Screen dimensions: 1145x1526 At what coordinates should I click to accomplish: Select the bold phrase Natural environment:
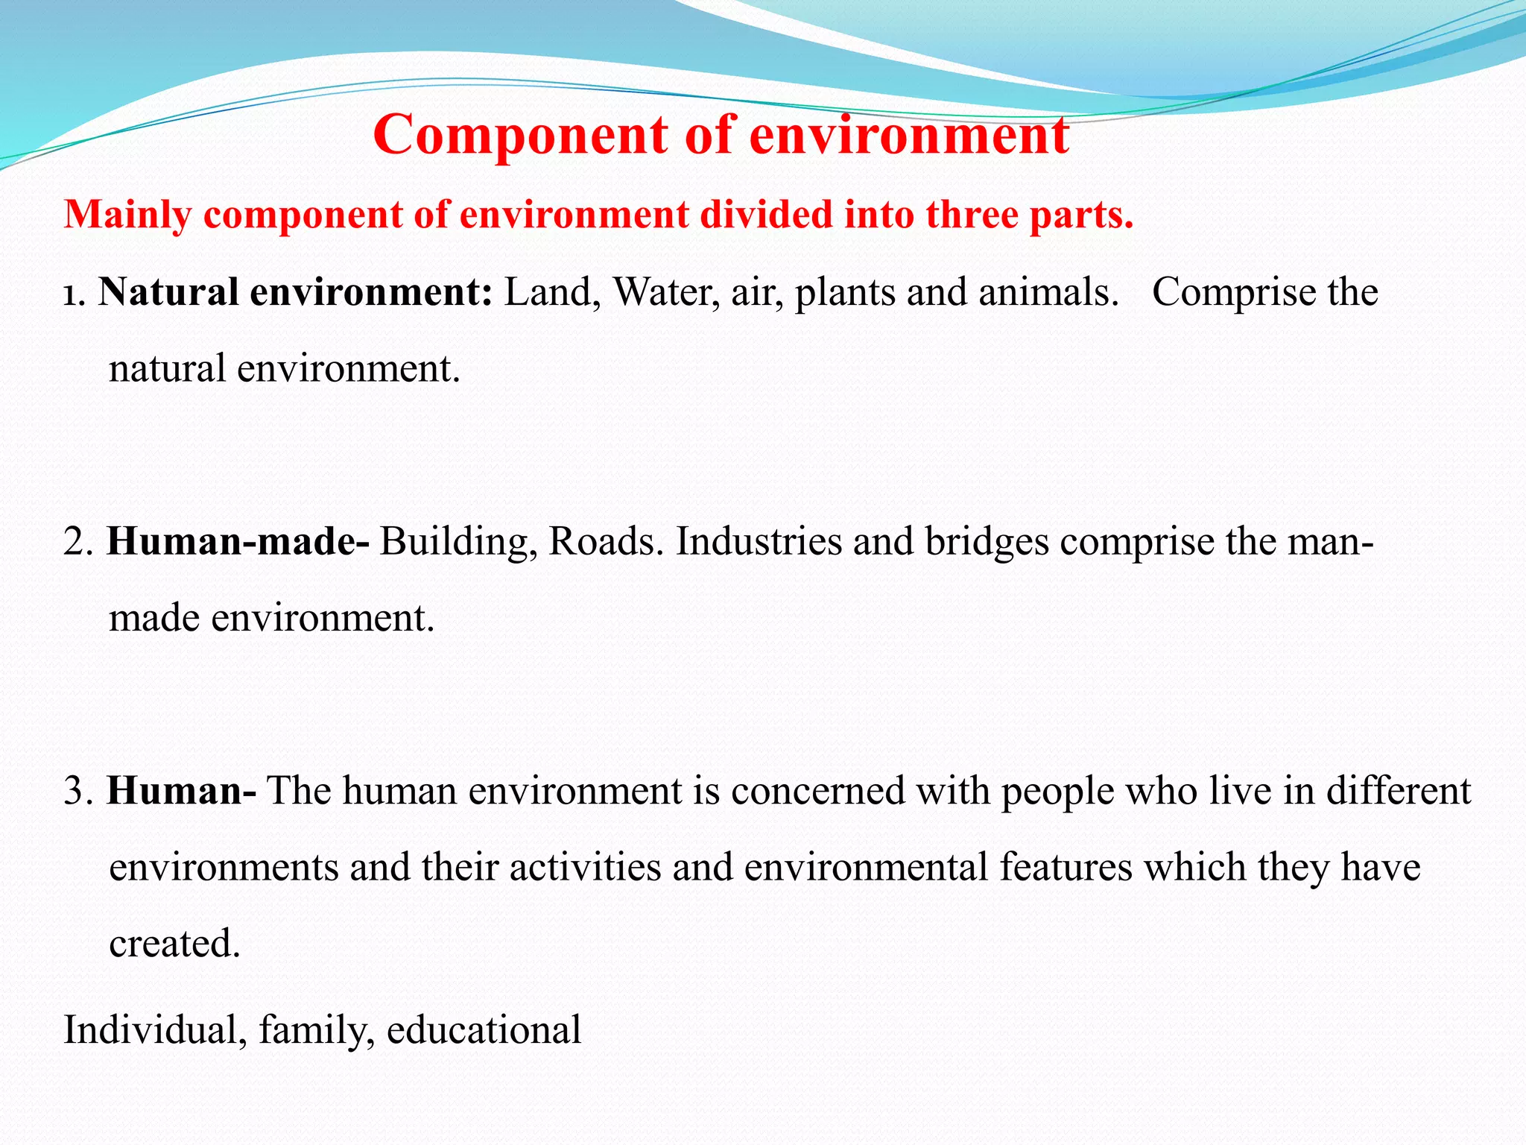coord(295,292)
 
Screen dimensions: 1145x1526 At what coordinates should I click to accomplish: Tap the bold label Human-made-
coord(238,542)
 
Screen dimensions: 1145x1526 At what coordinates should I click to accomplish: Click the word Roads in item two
coord(605,542)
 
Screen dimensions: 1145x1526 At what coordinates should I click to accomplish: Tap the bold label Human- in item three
coord(181,791)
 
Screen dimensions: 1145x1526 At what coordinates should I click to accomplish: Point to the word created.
coord(174,944)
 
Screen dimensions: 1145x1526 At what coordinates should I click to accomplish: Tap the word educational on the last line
coord(484,1030)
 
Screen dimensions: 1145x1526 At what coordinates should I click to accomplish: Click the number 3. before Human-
coord(77,791)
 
